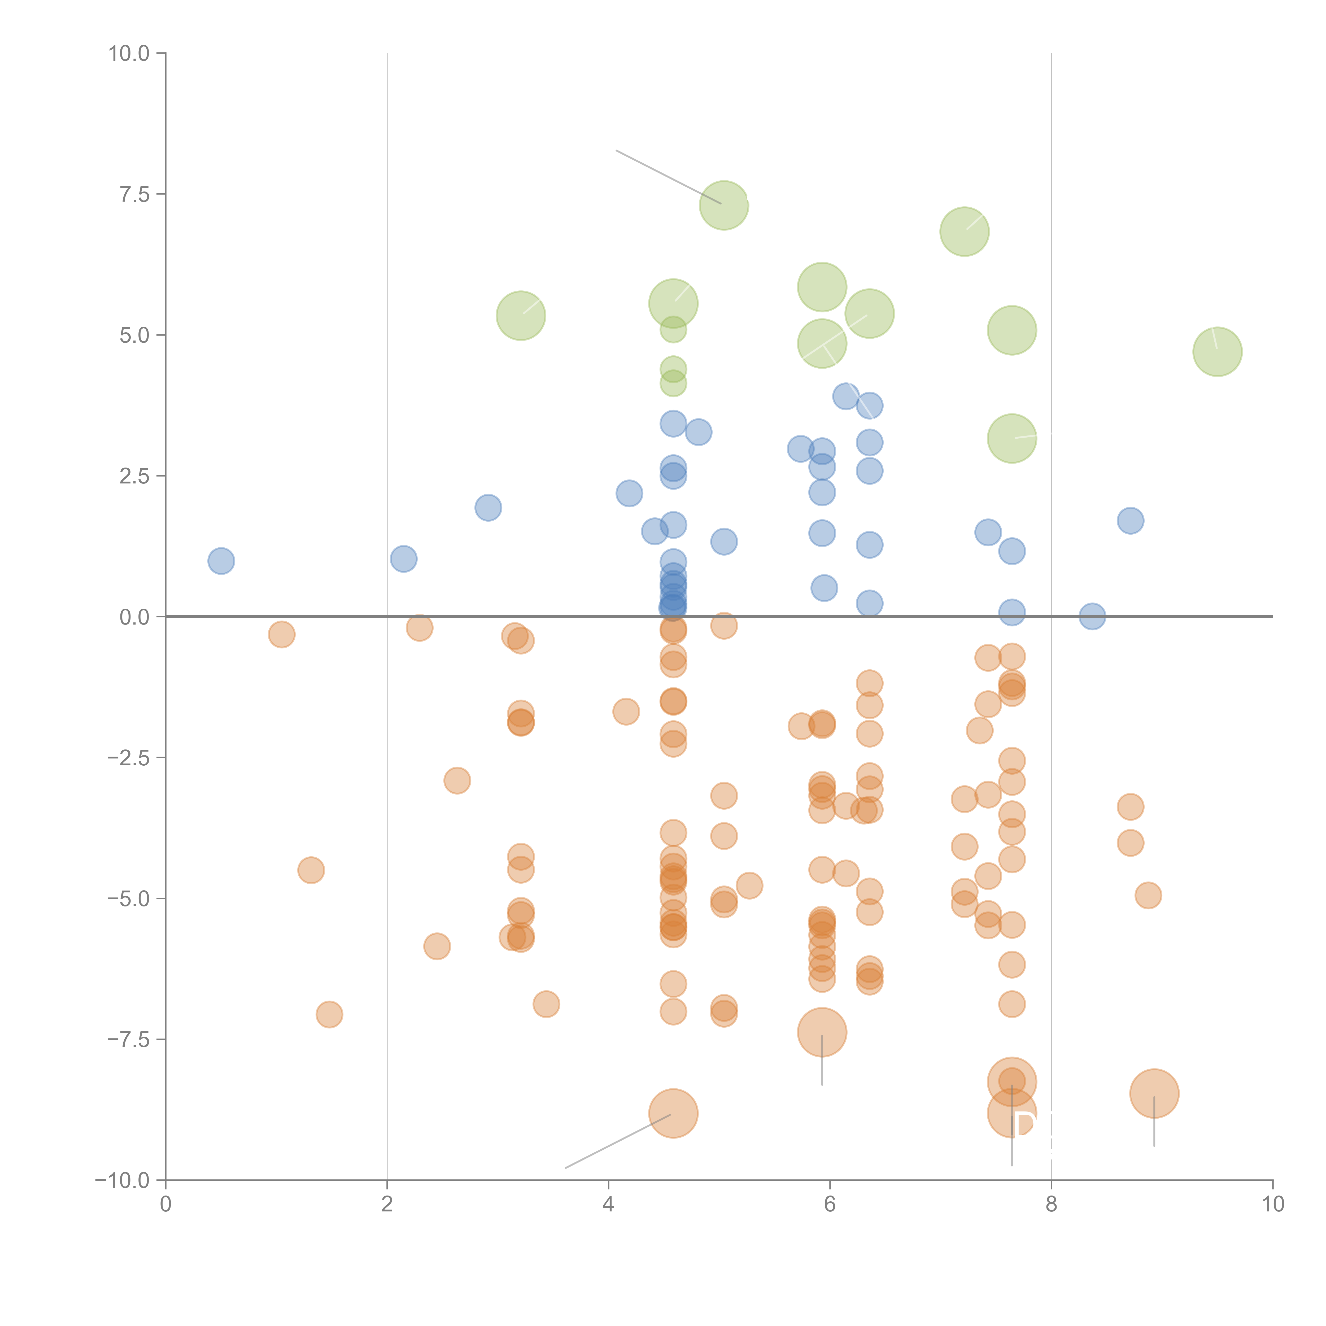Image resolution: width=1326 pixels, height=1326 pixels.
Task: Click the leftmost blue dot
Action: [221, 561]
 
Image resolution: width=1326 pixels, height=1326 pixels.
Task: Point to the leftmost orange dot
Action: [281, 634]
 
